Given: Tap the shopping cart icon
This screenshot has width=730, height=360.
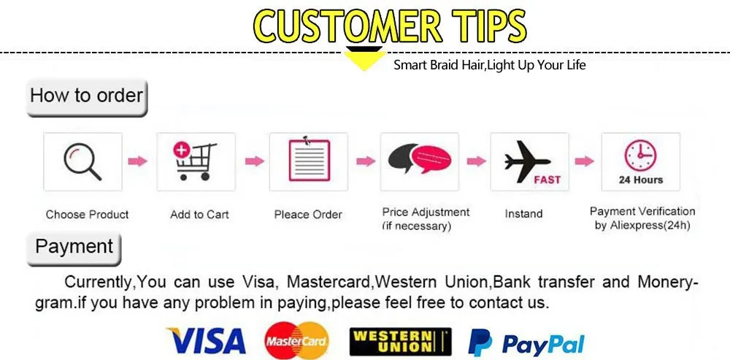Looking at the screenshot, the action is coord(195,161).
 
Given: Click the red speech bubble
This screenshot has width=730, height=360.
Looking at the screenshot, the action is coord(431,158).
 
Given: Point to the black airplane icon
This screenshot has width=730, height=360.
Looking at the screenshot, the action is coord(527,161).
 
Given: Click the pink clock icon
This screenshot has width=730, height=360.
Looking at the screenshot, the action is coord(641,156).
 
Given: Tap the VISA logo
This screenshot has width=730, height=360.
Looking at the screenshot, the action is coord(206,341).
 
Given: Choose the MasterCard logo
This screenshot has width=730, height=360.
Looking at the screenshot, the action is coord(296,341).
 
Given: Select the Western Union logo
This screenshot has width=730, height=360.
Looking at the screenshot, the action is coord(400,341).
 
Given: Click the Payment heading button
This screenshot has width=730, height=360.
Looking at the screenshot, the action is coord(74,249).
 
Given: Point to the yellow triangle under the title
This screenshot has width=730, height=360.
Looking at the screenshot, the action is coord(364,59).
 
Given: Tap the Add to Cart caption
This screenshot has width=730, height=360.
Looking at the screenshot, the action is coord(199,214).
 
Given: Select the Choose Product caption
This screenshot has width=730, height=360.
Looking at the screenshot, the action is coord(87,214).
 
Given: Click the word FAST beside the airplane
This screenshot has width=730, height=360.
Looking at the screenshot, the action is coord(547,180).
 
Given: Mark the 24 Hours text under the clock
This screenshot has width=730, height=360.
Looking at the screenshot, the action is coord(641,180).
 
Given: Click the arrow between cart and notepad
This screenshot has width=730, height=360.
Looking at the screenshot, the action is coord(254,161).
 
